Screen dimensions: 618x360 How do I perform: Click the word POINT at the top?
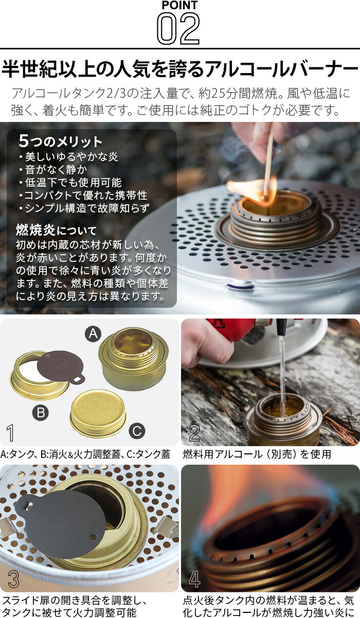[179, 5]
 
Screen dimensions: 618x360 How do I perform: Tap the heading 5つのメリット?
[60, 141]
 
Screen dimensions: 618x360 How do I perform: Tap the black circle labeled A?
[93, 334]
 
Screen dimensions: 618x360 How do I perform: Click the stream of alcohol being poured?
[282, 370]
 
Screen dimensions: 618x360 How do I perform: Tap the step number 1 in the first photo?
[10, 433]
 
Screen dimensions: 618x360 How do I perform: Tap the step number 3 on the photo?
[13, 580]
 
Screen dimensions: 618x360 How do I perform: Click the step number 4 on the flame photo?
[194, 580]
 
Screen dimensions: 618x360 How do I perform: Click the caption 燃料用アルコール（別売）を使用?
[257, 454]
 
